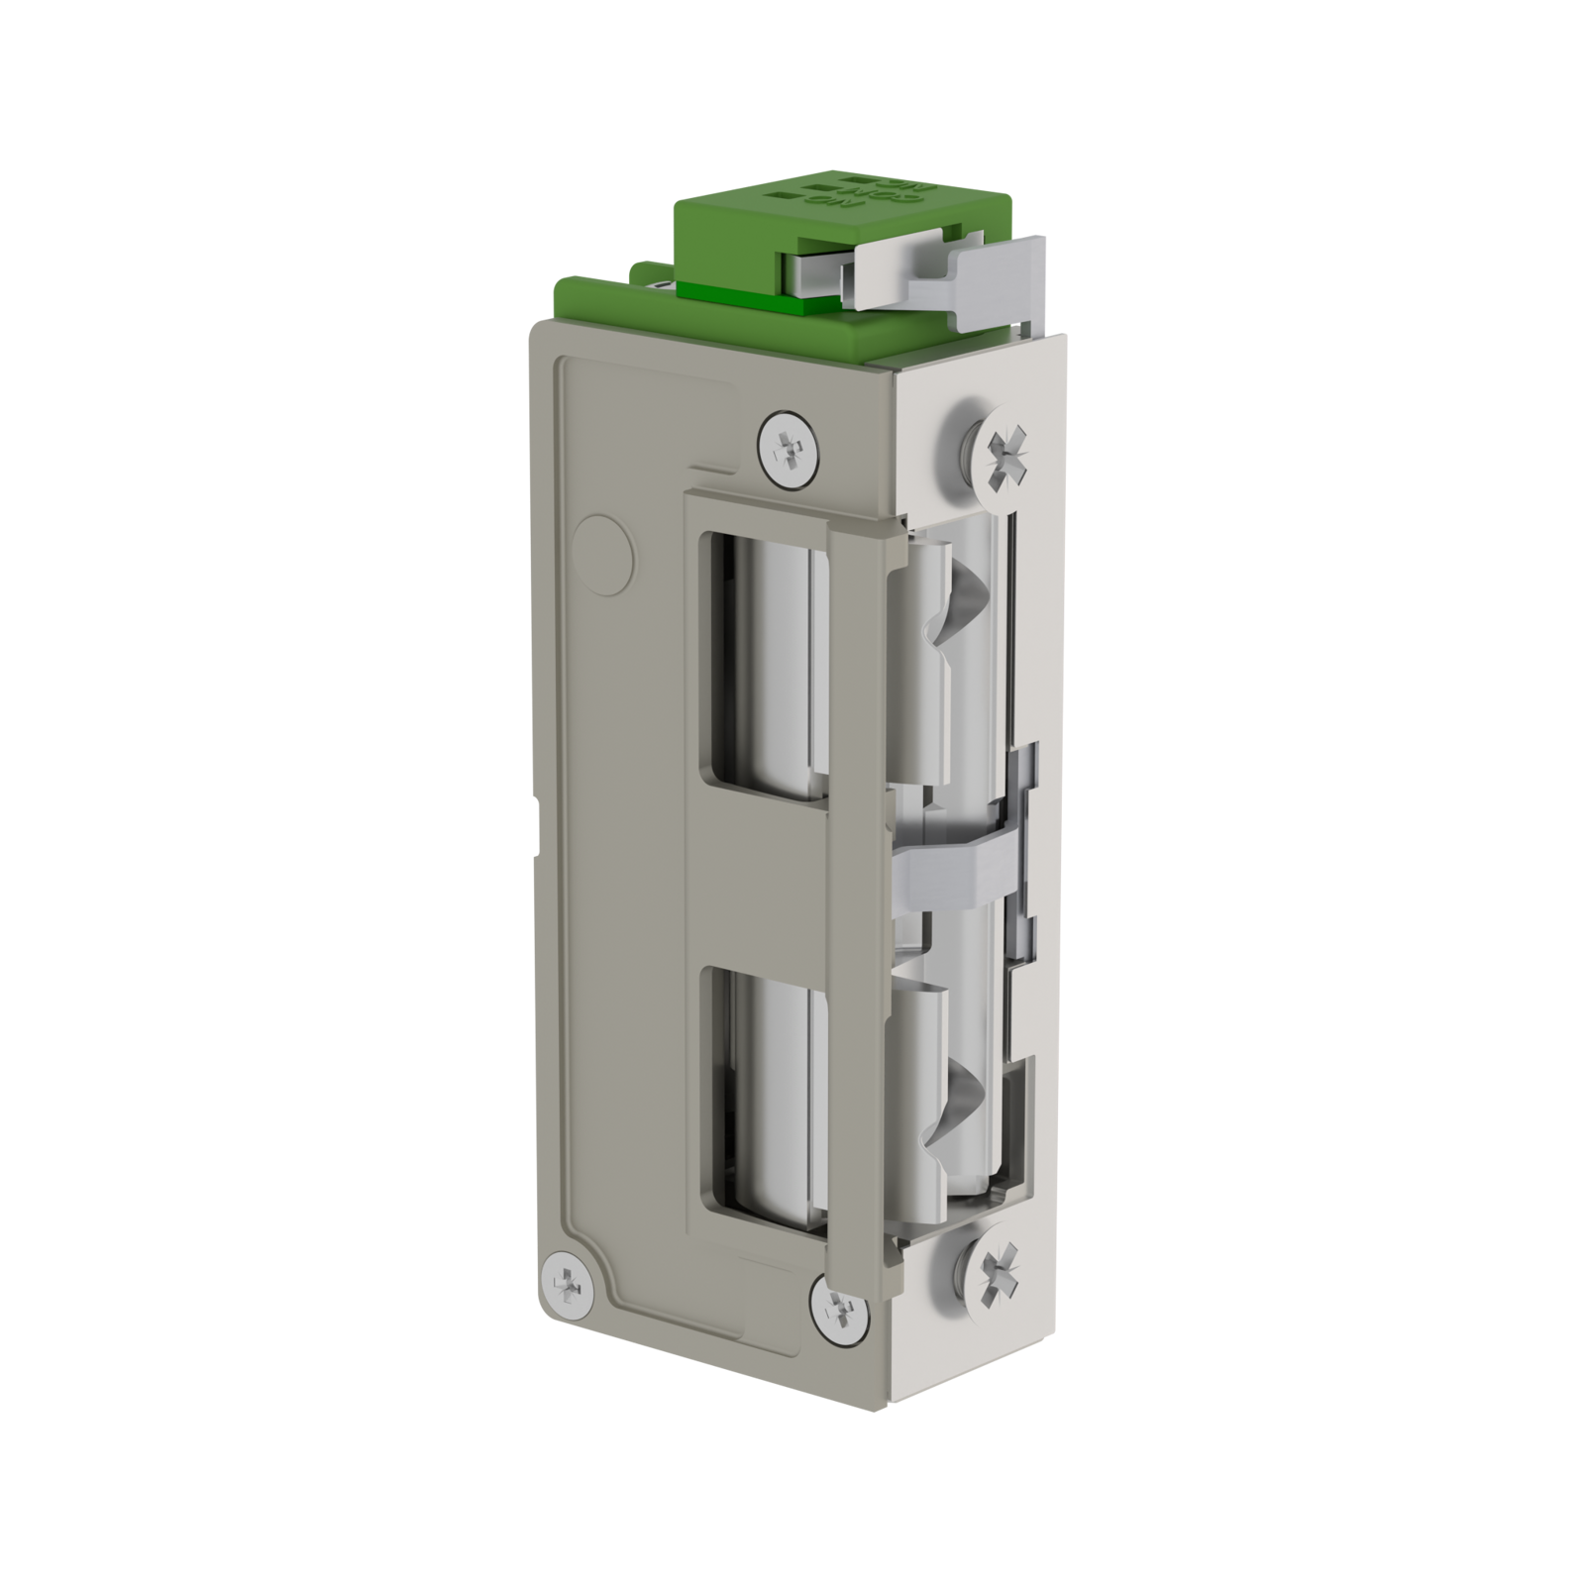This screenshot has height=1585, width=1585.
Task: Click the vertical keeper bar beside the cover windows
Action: [x=857, y=892]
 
